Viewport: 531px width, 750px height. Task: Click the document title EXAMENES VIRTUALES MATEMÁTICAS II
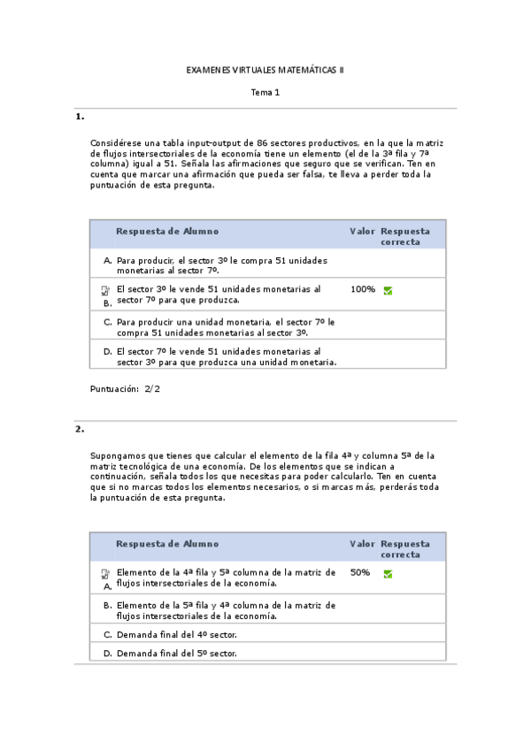pyautogui.click(x=265, y=69)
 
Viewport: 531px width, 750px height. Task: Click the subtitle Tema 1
pyautogui.click(x=265, y=92)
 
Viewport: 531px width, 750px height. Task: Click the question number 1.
pyautogui.click(x=80, y=117)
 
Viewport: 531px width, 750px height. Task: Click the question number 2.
pyautogui.click(x=80, y=429)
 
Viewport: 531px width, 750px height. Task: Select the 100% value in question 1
pyautogui.click(x=363, y=289)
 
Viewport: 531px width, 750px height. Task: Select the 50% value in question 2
pyautogui.click(x=360, y=573)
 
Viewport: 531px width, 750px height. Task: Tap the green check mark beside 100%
pyautogui.click(x=388, y=290)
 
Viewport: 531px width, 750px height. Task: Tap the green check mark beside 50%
pyautogui.click(x=388, y=574)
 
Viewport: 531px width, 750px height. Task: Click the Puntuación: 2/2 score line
pyautogui.click(x=126, y=388)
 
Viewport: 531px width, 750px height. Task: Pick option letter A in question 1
pyautogui.click(x=107, y=261)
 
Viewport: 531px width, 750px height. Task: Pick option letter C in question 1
pyautogui.click(x=107, y=323)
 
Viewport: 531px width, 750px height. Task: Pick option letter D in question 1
pyautogui.click(x=107, y=351)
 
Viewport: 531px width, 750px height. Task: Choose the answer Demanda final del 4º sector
pyautogui.click(x=176, y=634)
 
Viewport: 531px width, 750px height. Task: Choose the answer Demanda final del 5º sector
pyautogui.click(x=176, y=654)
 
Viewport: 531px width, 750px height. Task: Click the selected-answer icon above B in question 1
pyautogui.click(x=105, y=290)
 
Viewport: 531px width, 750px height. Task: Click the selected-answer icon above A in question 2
pyautogui.click(x=105, y=574)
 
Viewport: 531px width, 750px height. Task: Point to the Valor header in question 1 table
pyautogui.click(x=362, y=232)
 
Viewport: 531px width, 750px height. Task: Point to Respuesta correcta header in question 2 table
pyautogui.click(x=405, y=549)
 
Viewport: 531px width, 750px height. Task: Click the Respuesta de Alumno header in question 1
pyautogui.click(x=167, y=232)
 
